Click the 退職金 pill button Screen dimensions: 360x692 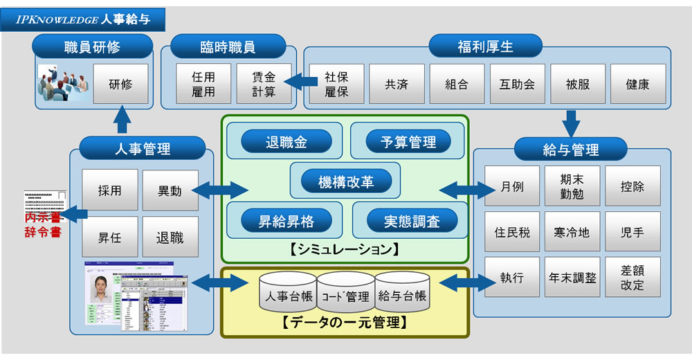[x=285, y=143]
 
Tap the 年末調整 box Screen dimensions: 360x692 [x=572, y=278]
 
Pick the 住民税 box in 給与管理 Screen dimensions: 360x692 [x=512, y=232]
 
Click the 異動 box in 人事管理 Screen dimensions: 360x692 [x=170, y=190]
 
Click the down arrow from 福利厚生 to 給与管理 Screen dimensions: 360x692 [x=571, y=123]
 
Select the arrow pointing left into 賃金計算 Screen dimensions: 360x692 [x=300, y=82]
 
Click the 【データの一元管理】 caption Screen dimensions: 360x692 [x=344, y=323]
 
